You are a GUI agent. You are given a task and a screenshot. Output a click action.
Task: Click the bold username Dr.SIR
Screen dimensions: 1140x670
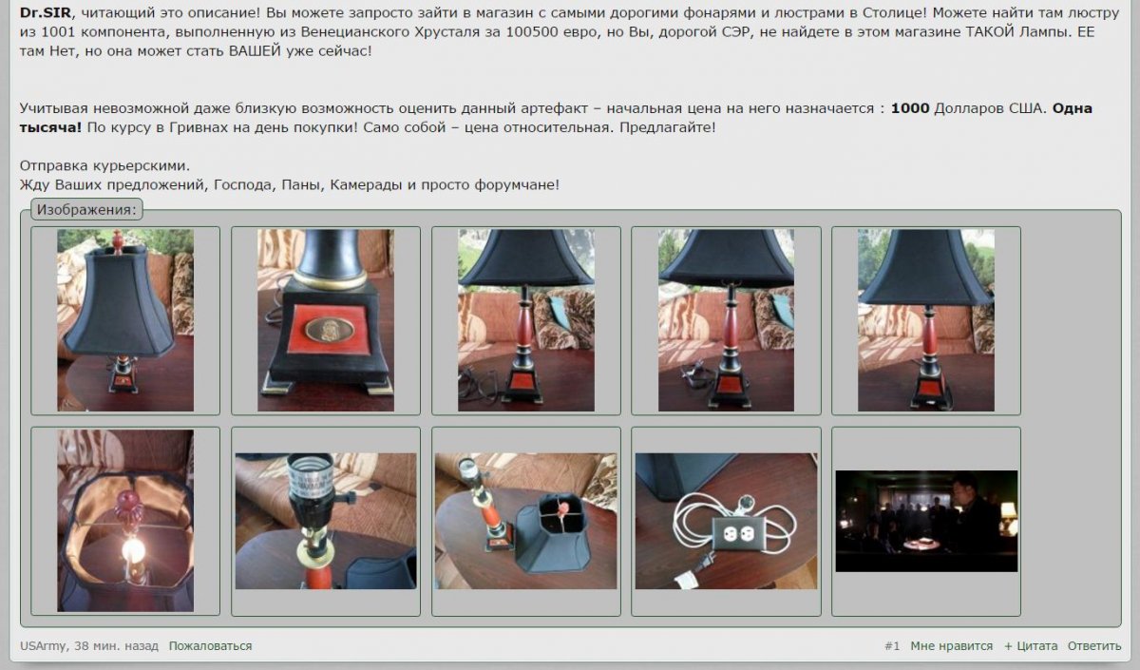point(46,12)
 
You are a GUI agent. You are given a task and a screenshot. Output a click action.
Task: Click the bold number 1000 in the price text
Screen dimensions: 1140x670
point(910,108)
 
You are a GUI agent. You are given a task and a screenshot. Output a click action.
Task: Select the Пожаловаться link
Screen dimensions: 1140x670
point(210,646)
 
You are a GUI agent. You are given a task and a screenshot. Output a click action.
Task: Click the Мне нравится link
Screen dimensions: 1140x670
point(951,646)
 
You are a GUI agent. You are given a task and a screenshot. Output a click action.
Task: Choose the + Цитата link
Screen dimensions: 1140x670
point(1031,646)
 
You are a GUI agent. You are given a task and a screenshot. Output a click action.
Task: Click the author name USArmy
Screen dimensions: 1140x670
point(43,646)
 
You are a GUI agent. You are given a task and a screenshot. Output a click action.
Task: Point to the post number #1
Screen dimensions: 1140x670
point(892,646)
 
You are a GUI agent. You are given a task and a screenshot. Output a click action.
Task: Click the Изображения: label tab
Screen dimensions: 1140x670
point(86,210)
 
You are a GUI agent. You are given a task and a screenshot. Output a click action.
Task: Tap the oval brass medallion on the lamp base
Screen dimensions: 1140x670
point(330,330)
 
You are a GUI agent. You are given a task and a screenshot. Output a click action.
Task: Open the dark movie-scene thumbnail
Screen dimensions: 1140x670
point(926,521)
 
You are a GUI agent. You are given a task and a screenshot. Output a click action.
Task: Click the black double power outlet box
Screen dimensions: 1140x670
point(737,533)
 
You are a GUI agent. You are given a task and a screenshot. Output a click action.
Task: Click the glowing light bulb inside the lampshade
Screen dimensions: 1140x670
point(132,549)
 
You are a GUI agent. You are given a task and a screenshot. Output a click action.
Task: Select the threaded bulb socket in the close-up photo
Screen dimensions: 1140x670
point(311,477)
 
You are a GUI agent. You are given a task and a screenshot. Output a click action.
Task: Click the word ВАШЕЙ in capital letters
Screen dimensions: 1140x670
point(255,51)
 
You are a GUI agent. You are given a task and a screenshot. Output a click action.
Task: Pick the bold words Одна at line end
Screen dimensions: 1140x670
point(1073,108)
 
